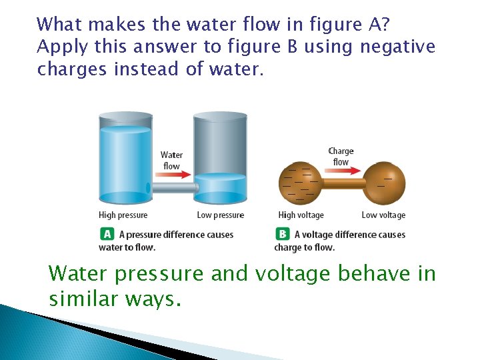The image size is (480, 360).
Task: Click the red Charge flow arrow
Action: pos(341,171)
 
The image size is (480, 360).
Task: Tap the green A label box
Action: pos(107,234)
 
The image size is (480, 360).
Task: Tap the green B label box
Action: pos(282,234)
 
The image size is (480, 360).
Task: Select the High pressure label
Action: pos(123,215)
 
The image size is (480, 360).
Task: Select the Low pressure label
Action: pos(220,215)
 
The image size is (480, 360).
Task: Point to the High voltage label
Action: pos(301,215)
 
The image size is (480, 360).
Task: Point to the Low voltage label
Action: pos(383,215)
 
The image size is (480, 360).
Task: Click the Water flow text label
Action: pos(171,161)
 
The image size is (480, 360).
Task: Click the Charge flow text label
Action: pos(341,157)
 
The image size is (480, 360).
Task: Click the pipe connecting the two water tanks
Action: pos(172,189)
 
